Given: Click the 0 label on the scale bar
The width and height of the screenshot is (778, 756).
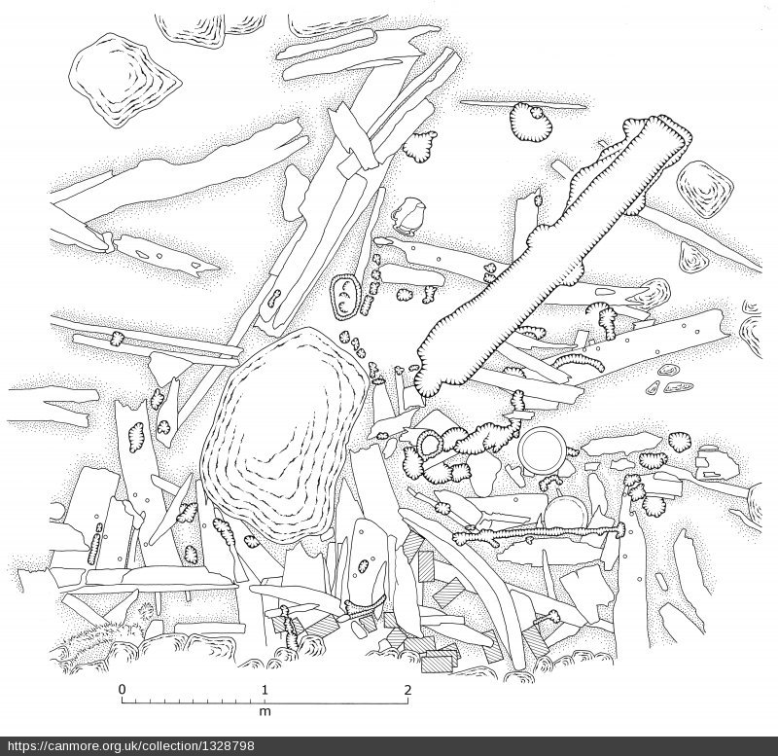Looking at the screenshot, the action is [122, 690].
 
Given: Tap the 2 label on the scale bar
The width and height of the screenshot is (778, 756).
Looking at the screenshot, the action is [407, 690].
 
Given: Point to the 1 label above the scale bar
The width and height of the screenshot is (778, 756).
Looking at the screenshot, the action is [265, 690].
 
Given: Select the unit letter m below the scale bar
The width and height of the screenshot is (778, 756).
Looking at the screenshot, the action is [265, 712].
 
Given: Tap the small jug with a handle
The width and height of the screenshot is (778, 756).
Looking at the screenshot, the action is [408, 216].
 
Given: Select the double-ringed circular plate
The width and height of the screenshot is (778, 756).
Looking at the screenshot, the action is [542, 450].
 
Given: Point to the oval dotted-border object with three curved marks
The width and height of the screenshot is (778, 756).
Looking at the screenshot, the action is [345, 297].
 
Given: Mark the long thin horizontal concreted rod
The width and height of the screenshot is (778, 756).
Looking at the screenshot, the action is [540, 534].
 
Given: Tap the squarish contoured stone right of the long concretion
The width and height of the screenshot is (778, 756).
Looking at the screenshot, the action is [705, 190].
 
